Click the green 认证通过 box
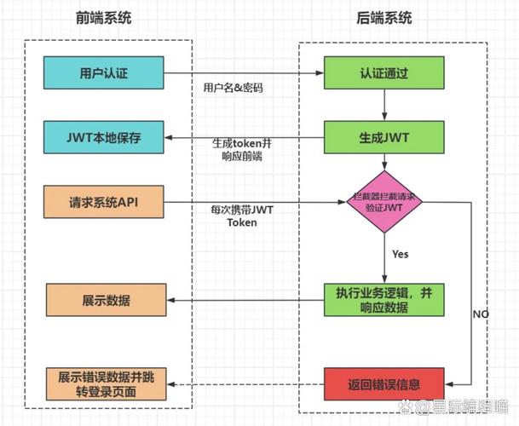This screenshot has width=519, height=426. click(383, 72)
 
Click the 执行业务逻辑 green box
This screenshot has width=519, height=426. click(383, 299)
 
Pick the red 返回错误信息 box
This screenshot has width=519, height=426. click(383, 383)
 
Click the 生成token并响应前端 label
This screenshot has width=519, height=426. click(241, 149)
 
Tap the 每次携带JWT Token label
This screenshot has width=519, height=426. click(241, 216)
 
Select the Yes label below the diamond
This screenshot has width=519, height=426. click(400, 254)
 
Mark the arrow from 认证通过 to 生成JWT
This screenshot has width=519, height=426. click(383, 105)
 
